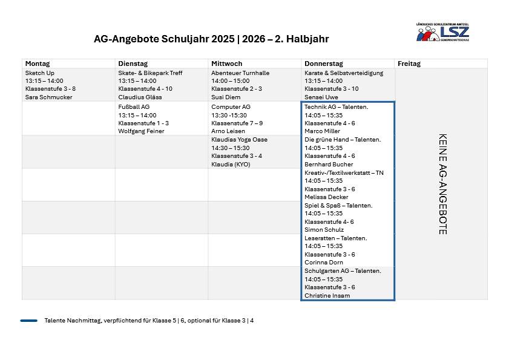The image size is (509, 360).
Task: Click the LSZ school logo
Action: click(x=442, y=31)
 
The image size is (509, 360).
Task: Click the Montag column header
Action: click(x=38, y=64)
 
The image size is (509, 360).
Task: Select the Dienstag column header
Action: click(x=132, y=64)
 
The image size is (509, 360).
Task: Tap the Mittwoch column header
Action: click(x=226, y=64)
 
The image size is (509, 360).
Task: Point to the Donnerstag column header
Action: click(x=324, y=64)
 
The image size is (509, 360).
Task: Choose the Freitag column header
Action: click(x=409, y=64)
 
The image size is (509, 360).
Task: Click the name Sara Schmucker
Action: click(x=48, y=97)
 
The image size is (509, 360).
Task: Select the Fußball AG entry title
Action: click(x=134, y=106)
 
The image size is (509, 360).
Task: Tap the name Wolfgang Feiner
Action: click(x=141, y=131)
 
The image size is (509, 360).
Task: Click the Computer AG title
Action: click(x=231, y=106)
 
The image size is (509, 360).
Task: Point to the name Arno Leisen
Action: click(x=228, y=131)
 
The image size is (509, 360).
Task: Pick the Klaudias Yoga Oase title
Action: click(x=239, y=139)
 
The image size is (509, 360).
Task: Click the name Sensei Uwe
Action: click(x=321, y=97)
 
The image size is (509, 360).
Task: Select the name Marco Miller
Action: click(x=323, y=131)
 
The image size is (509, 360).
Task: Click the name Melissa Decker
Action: click(x=326, y=197)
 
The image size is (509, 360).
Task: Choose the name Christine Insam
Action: click(x=327, y=295)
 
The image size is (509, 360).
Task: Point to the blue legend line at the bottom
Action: click(x=28, y=321)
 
